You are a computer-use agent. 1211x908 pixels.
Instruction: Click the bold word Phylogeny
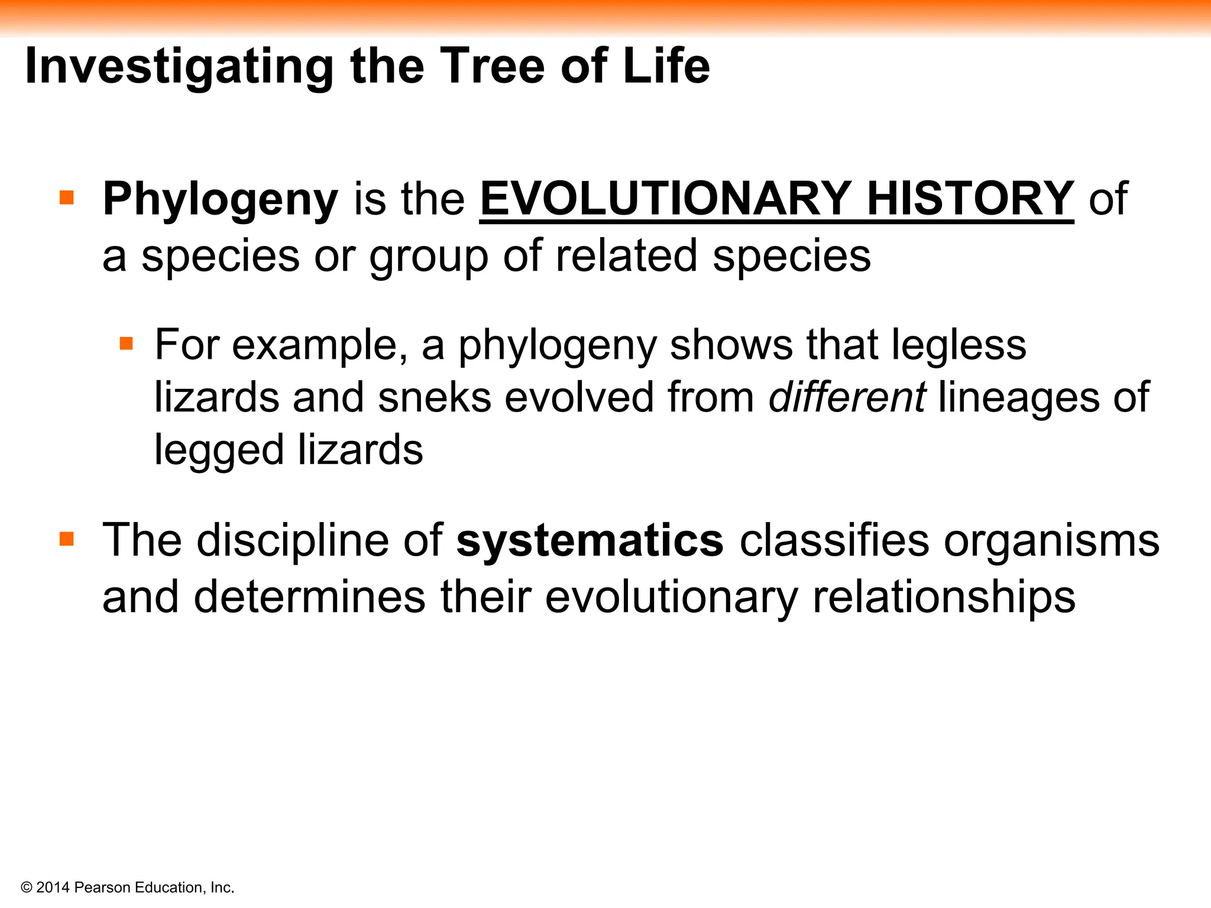[x=220, y=200]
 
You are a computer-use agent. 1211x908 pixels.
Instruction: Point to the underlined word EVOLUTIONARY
[x=665, y=199]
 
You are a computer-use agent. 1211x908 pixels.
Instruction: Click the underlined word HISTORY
[x=970, y=199]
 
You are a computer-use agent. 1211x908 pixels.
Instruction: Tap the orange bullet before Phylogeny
[x=67, y=197]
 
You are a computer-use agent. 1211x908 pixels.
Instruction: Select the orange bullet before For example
[x=126, y=343]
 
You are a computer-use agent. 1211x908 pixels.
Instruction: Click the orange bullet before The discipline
[x=67, y=539]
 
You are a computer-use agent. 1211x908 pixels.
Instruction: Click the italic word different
[x=847, y=397]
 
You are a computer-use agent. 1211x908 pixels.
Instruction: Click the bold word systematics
[x=590, y=540]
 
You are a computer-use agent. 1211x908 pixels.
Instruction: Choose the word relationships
[x=944, y=597]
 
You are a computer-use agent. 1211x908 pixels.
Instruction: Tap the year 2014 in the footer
[x=53, y=887]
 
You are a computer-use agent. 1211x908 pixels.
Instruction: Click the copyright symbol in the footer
[x=26, y=887]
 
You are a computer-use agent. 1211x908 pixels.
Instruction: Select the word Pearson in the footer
[x=102, y=887]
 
